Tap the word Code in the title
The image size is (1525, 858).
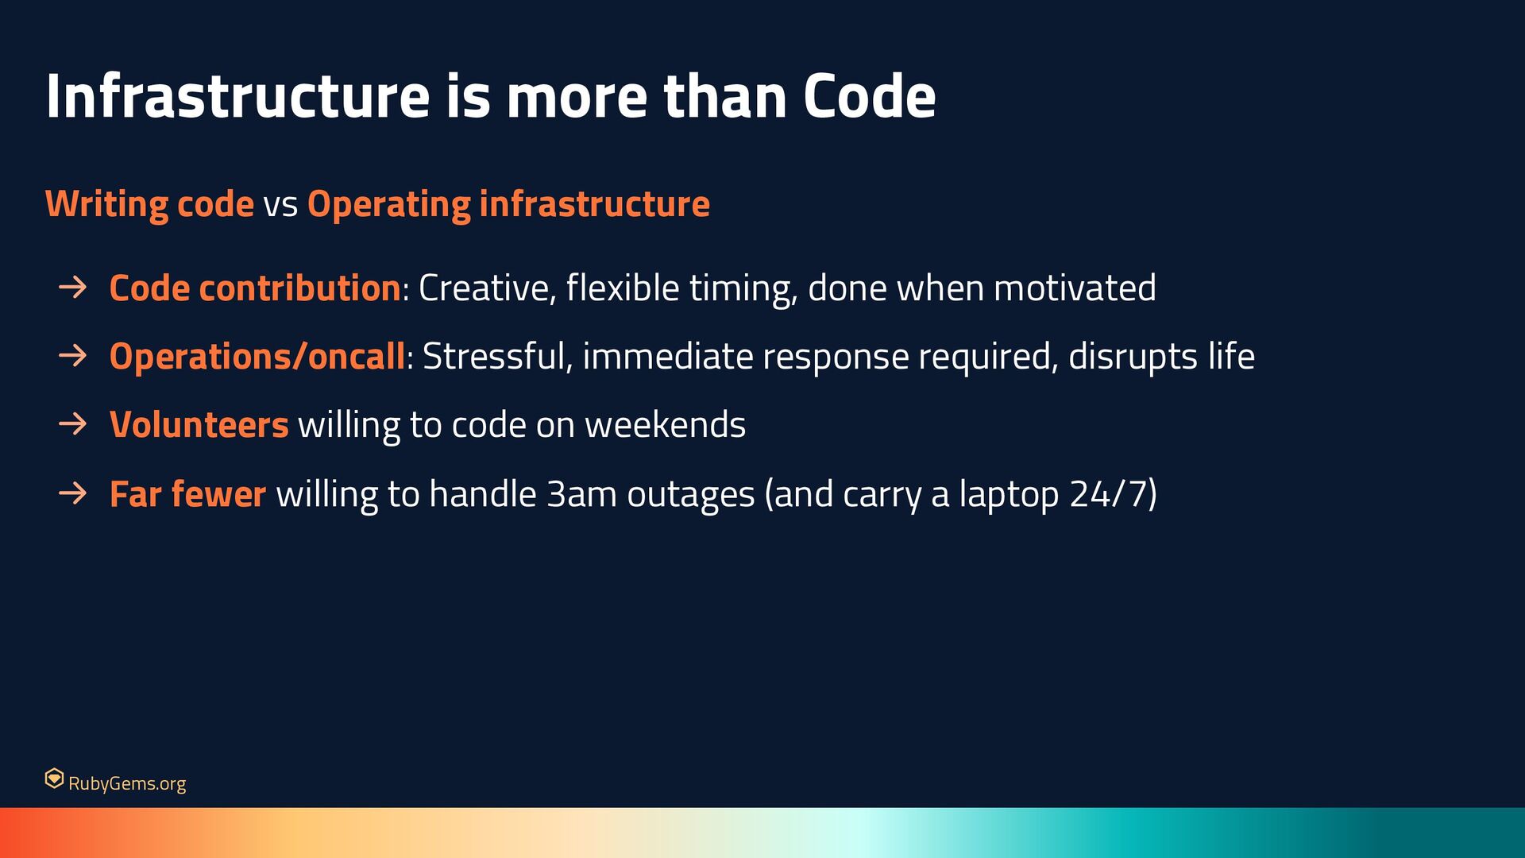(x=869, y=96)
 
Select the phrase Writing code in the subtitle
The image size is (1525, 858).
(x=149, y=205)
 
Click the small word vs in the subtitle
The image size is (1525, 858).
(x=280, y=207)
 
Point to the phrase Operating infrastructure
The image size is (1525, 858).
(x=508, y=205)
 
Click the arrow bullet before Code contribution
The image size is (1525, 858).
(x=72, y=287)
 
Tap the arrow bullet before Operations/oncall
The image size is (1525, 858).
(x=72, y=355)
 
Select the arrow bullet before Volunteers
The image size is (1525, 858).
(x=72, y=423)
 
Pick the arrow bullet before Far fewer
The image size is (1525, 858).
(x=72, y=493)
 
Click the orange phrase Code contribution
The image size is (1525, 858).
(x=255, y=288)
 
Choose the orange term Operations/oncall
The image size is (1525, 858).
(x=257, y=357)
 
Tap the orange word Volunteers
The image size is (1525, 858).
(x=199, y=425)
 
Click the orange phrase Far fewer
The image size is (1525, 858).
(x=187, y=494)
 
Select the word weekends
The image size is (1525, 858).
(x=665, y=425)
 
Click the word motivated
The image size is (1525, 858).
(x=1075, y=288)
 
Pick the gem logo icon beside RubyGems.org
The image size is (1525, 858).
(x=54, y=779)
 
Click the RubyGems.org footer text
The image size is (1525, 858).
(x=127, y=783)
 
